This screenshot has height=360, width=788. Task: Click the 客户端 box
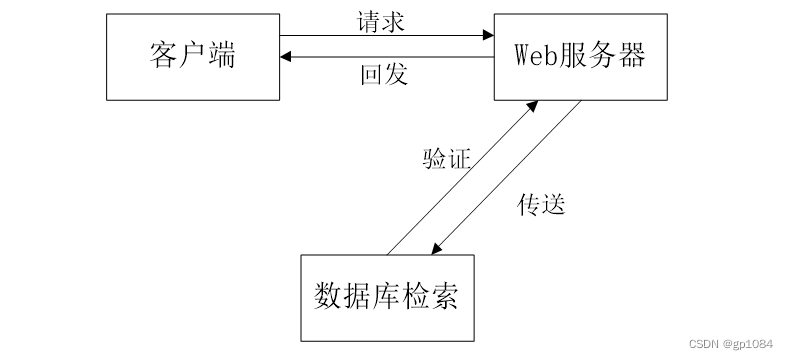click(x=193, y=56)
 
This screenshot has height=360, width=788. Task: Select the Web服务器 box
click(x=580, y=56)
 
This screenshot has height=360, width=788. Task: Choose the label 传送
click(x=541, y=204)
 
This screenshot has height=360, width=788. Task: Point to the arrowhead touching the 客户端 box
click(x=287, y=58)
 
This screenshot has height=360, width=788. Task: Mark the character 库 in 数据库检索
click(x=387, y=297)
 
